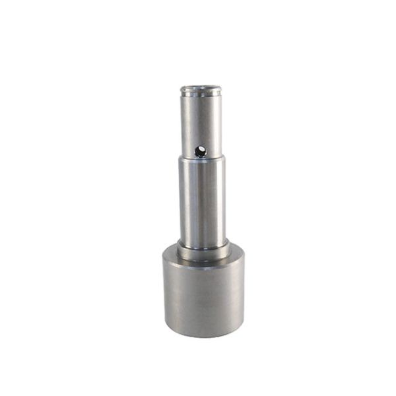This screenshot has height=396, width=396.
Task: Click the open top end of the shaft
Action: click(x=201, y=88)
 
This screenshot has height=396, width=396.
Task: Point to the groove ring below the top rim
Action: click(x=201, y=96)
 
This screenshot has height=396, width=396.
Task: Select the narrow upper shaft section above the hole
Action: click(x=201, y=122)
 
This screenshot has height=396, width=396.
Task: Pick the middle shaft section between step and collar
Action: click(x=202, y=201)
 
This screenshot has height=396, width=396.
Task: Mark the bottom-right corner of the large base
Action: click(x=243, y=323)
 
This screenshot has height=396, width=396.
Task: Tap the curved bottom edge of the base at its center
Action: click(x=203, y=337)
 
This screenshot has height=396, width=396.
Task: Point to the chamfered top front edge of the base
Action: click(x=203, y=263)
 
